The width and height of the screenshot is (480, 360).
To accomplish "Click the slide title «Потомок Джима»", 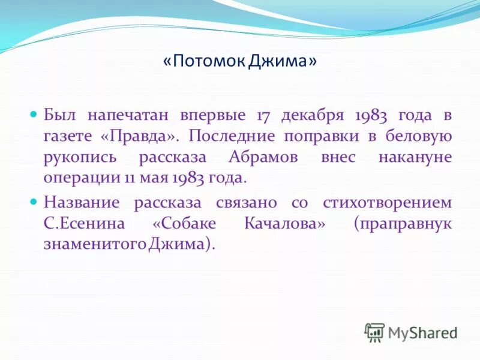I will point(240,62).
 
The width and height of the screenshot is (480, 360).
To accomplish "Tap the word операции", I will point(77,179).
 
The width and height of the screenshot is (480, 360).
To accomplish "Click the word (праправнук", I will point(402,224).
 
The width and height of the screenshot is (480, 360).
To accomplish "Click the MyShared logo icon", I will point(374,332).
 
